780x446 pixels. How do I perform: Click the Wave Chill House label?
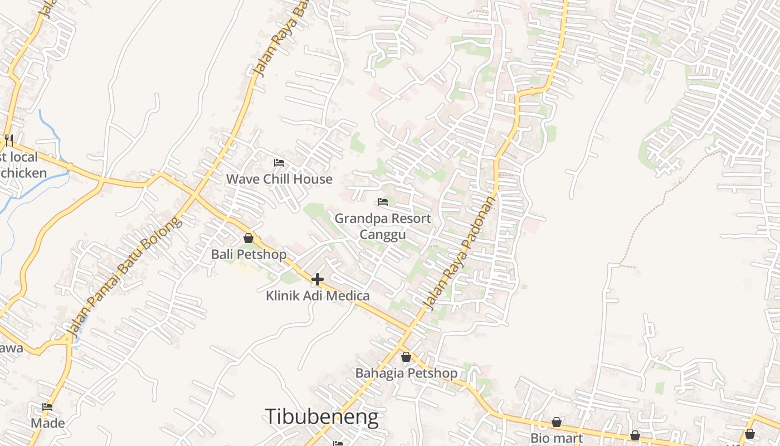(279, 179)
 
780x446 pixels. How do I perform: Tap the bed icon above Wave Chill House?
(279, 163)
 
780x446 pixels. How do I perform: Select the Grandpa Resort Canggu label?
(382, 226)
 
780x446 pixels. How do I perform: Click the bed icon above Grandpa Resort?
(383, 202)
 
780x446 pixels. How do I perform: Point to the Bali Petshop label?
(248, 254)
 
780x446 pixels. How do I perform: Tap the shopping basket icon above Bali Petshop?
(248, 239)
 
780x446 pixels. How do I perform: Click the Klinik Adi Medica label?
(318, 295)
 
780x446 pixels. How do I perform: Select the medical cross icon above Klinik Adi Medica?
(318, 279)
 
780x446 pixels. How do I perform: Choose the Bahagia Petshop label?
(406, 373)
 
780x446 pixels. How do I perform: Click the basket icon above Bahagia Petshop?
(406, 357)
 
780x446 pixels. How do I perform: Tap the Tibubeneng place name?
(321, 417)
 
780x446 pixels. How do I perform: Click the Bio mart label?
(556, 438)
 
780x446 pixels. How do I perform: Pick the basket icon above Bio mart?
(556, 423)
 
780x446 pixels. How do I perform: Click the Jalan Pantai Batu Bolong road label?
(124, 277)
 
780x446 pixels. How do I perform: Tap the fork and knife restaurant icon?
(8, 139)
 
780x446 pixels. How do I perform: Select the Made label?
(47, 423)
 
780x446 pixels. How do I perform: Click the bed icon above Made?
(47, 408)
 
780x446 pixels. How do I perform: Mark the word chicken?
(23, 173)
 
